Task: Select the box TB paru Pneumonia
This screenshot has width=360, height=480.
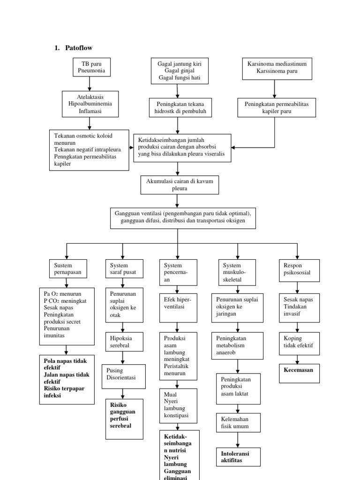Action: coord(91,67)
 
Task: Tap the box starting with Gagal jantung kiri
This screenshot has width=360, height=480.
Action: coord(179,70)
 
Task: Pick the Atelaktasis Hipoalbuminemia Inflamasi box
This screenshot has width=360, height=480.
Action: coord(89,103)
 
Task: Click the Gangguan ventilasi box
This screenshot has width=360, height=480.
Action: coord(183,217)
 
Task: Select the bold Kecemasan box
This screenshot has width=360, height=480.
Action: coord(300,373)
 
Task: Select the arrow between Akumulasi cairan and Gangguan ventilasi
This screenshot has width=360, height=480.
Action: coord(177,201)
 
